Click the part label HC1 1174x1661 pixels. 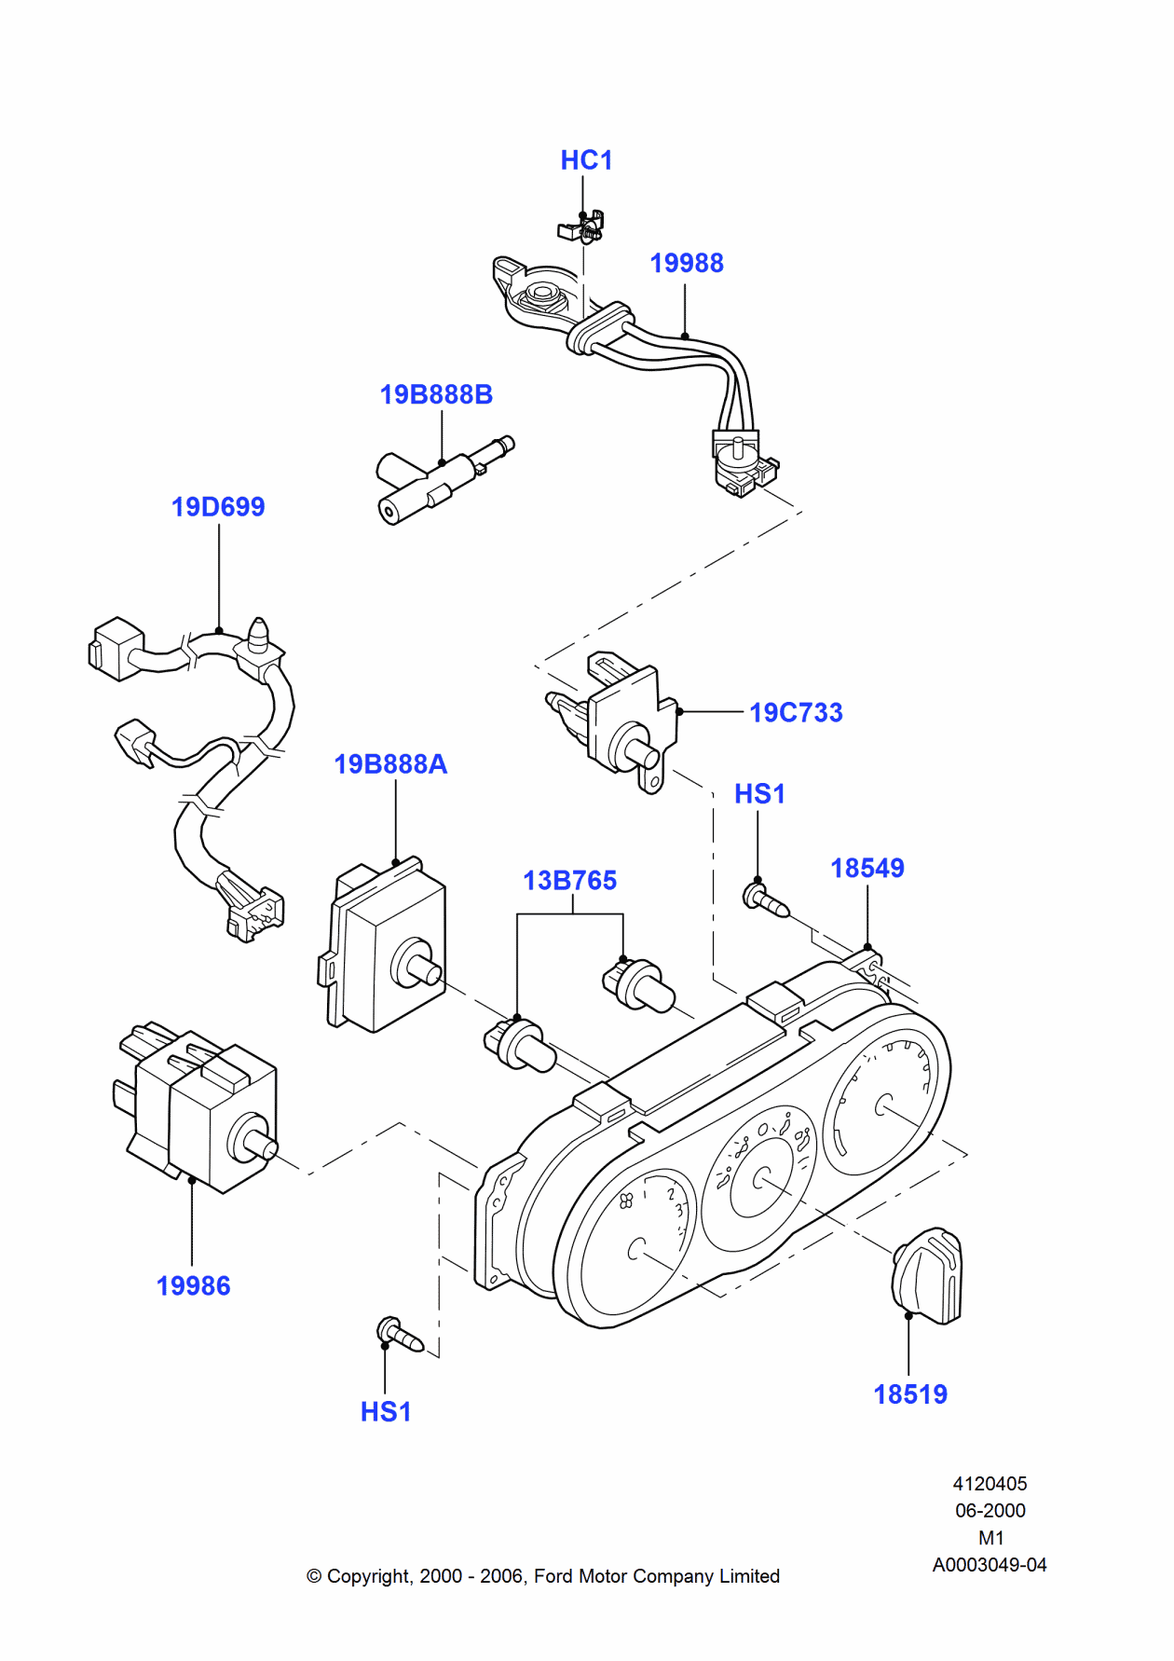tap(586, 160)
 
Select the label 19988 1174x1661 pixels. tap(686, 264)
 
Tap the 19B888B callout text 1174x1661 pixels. tap(436, 395)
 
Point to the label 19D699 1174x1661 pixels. tap(218, 507)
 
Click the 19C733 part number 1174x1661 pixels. tap(796, 713)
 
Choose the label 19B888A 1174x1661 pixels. tap(390, 764)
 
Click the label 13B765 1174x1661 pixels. tap(569, 881)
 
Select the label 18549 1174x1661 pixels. tap(867, 869)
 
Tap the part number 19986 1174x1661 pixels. tap(193, 1286)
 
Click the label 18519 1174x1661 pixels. tap(909, 1394)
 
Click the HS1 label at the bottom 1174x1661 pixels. tap(386, 1412)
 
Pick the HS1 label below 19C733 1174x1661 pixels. tap(759, 794)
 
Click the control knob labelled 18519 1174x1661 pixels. tap(927, 1276)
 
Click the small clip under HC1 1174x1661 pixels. tap(583, 226)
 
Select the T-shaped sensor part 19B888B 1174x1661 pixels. tap(438, 480)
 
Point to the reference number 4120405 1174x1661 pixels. tap(990, 1484)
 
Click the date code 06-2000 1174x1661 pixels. tap(990, 1511)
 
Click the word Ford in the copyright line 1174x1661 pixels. tap(553, 1576)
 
